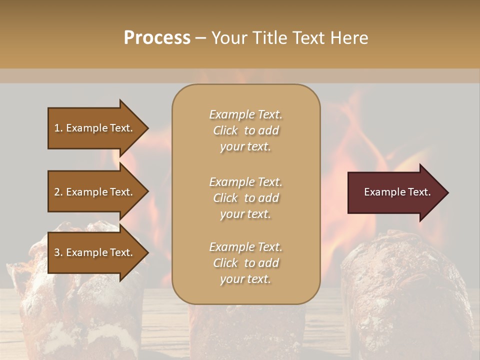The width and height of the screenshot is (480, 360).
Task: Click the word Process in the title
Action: click(157, 38)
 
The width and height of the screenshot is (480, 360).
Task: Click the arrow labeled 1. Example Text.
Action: click(95, 128)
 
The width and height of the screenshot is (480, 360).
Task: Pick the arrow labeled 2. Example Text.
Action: click(95, 192)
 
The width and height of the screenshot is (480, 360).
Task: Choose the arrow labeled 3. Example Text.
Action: click(95, 252)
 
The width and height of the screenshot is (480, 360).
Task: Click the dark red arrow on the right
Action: click(395, 192)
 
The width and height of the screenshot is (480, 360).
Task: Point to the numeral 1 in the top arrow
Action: click(57, 128)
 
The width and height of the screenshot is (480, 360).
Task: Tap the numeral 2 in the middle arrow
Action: click(57, 192)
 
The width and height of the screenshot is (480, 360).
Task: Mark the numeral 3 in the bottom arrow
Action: click(57, 252)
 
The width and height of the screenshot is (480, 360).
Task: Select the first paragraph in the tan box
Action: click(245, 130)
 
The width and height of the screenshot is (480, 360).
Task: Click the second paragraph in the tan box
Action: click(245, 198)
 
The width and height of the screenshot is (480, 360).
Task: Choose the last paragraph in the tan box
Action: click(245, 263)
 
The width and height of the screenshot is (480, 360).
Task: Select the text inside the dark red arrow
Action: click(397, 192)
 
